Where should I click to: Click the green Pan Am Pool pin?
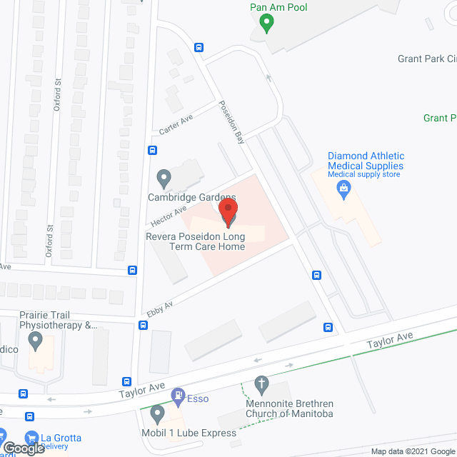[266, 24]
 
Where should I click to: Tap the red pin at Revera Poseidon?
[228, 212]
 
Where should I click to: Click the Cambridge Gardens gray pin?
[164, 176]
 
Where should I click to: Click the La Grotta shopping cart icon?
[31, 438]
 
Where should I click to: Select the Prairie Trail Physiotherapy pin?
[36, 343]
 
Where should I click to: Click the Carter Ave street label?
[176, 121]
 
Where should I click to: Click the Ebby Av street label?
[161, 309]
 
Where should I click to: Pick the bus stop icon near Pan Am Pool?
[199, 48]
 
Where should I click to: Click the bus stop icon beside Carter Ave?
[152, 150]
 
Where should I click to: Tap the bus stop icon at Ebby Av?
[144, 326]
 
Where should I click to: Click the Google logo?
[23, 448]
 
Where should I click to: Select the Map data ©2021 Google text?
[412, 451]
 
